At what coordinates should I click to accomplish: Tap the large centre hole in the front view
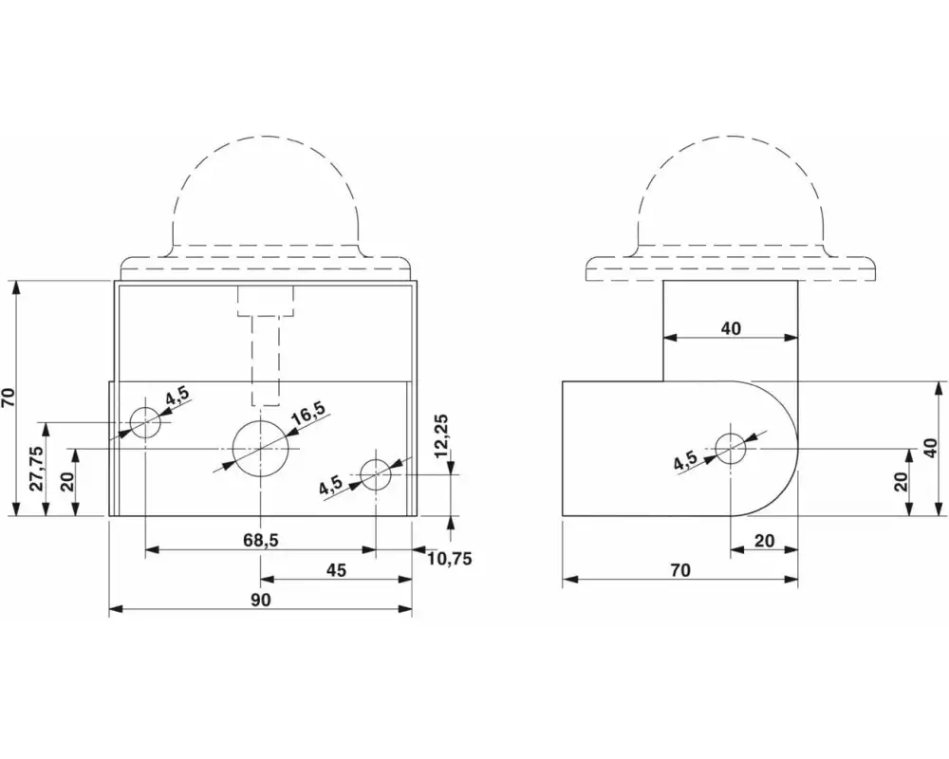click(261, 447)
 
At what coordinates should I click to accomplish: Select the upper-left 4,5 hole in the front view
click(145, 420)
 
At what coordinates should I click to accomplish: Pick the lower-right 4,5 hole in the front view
click(376, 474)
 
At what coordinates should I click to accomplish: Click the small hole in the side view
click(731, 447)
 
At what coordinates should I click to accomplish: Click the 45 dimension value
click(336, 570)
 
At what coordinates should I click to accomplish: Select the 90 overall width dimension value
click(260, 600)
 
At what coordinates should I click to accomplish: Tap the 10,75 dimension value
click(449, 558)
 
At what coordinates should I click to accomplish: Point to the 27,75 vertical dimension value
click(36, 468)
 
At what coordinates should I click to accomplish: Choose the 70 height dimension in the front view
click(9, 398)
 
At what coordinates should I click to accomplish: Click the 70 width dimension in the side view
click(679, 570)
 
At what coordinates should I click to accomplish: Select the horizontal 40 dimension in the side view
click(731, 328)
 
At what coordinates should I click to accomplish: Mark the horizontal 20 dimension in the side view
click(764, 541)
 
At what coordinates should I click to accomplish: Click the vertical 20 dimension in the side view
click(901, 481)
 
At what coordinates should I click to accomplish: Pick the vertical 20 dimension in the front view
click(66, 481)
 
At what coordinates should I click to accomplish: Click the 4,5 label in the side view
click(686, 462)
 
